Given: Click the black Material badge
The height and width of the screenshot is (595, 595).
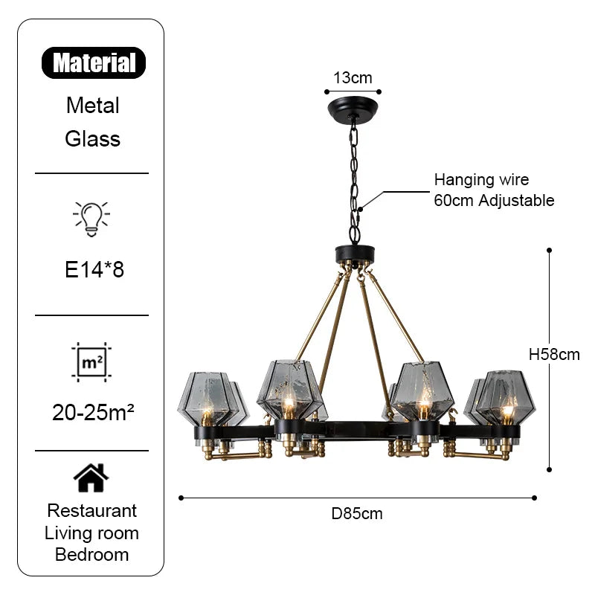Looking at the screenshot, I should [94, 63].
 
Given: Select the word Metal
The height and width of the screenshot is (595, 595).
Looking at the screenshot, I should [93, 105].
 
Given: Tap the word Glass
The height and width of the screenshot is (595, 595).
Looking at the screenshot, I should [93, 138].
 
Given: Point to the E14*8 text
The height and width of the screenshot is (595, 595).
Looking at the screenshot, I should [94, 269].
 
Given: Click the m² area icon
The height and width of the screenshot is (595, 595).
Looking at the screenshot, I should [91, 362].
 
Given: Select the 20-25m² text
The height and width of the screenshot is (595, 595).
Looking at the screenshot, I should [93, 412].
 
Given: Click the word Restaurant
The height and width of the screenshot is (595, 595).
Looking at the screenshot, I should [92, 511].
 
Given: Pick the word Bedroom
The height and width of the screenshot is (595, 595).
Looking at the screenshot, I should [92, 555].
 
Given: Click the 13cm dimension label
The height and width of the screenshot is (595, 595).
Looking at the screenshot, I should [353, 77].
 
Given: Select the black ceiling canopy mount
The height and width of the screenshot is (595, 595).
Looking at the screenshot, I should [353, 109].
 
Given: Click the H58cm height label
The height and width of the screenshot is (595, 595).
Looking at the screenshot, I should [554, 355].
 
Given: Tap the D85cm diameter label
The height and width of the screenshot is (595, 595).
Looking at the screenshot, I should [357, 513].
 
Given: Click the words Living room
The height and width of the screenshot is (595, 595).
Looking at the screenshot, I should [92, 533].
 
